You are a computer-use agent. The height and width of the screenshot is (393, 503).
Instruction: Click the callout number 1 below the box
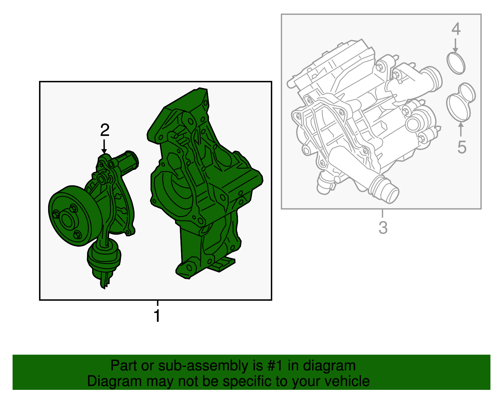click(x=157, y=316)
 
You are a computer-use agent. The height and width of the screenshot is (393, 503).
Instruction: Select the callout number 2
click(x=105, y=130)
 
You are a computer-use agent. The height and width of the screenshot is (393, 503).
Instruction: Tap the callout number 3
click(x=383, y=227)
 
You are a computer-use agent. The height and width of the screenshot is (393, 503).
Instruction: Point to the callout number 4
click(x=456, y=29)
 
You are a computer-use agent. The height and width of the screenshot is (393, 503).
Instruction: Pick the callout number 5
click(x=462, y=147)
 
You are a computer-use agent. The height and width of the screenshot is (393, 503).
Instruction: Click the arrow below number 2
click(x=104, y=146)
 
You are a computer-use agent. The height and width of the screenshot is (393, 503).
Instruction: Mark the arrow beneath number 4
click(x=455, y=45)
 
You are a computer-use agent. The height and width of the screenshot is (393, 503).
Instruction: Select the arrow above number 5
click(x=461, y=129)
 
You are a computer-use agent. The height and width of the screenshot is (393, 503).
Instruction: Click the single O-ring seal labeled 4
click(x=456, y=64)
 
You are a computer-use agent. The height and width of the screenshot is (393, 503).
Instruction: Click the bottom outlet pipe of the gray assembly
click(x=384, y=189)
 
